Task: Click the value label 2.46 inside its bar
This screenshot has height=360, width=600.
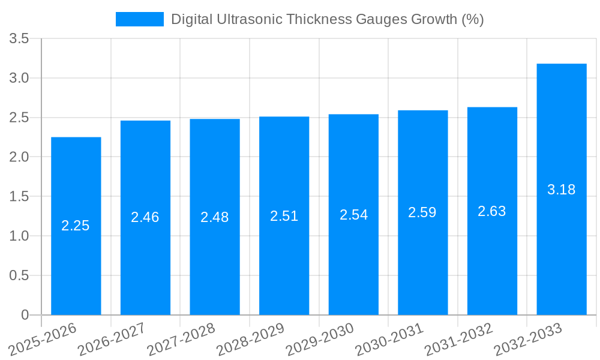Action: [x=145, y=217]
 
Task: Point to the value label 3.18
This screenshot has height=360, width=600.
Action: [x=562, y=190]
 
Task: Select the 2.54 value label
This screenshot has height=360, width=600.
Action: [x=354, y=215]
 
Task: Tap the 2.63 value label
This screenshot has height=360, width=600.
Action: [x=492, y=211]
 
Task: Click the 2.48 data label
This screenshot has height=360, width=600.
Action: [x=215, y=217]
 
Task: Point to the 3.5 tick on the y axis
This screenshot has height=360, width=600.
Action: [x=19, y=39]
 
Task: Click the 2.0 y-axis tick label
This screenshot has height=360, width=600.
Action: [x=19, y=157]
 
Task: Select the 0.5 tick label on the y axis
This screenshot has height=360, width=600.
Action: [x=19, y=275]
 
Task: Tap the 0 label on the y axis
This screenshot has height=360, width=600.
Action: [x=25, y=315]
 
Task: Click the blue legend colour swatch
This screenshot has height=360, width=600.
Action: [x=139, y=19]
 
